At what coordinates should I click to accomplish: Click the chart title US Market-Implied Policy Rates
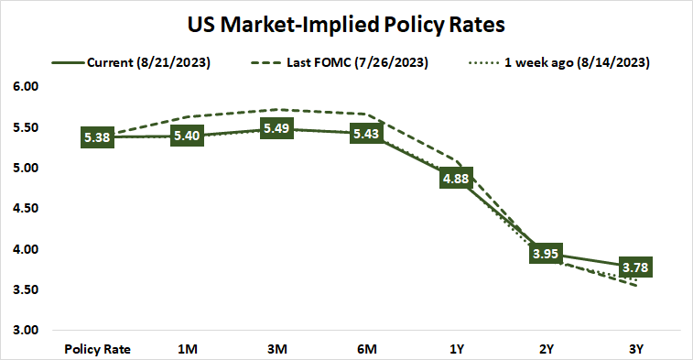pyautogui.click(x=346, y=21)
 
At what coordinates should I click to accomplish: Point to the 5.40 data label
pyautogui.click(x=187, y=136)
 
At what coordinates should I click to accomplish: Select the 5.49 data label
pyautogui.click(x=277, y=129)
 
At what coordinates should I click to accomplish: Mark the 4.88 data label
pyautogui.click(x=456, y=179)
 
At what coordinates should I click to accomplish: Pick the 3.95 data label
pyautogui.click(x=545, y=254)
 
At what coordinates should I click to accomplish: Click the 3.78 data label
pyautogui.click(x=634, y=267)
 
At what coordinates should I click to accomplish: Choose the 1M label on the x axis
pyautogui.click(x=187, y=348)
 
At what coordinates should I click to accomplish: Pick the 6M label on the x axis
pyautogui.click(x=366, y=348)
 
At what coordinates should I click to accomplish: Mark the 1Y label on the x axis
pyautogui.click(x=456, y=348)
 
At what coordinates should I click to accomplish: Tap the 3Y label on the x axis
pyautogui.click(x=634, y=348)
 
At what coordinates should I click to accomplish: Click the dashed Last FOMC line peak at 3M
pyautogui.click(x=277, y=109)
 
